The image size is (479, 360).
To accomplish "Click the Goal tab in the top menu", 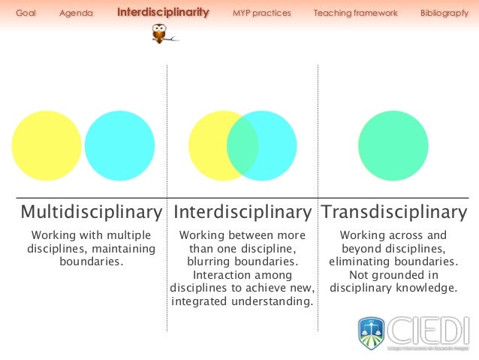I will pyautogui.click(x=26, y=14).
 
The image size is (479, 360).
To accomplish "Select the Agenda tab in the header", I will pyautogui.click(x=76, y=14).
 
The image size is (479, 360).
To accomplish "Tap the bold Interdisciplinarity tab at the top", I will pyautogui.click(x=163, y=13).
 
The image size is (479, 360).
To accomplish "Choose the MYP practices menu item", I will pyautogui.click(x=261, y=14).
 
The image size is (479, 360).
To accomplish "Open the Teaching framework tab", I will pyautogui.click(x=355, y=14).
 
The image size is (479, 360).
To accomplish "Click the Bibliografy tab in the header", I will pyautogui.click(x=444, y=14).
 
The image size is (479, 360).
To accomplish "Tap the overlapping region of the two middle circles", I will pyautogui.click(x=243, y=145).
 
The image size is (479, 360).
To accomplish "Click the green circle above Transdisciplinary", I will pyautogui.click(x=393, y=145).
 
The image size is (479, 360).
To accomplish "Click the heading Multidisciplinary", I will pyautogui.click(x=91, y=212).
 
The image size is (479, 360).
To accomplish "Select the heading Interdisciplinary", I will pyautogui.click(x=242, y=212).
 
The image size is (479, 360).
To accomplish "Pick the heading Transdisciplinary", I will pyautogui.click(x=393, y=212).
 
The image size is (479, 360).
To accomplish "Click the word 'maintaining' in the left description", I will pyautogui.click(x=122, y=249).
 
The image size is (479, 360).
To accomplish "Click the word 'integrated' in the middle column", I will pyautogui.click(x=201, y=302).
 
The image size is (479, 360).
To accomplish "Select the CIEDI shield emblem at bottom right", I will pyautogui.click(x=371, y=331).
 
